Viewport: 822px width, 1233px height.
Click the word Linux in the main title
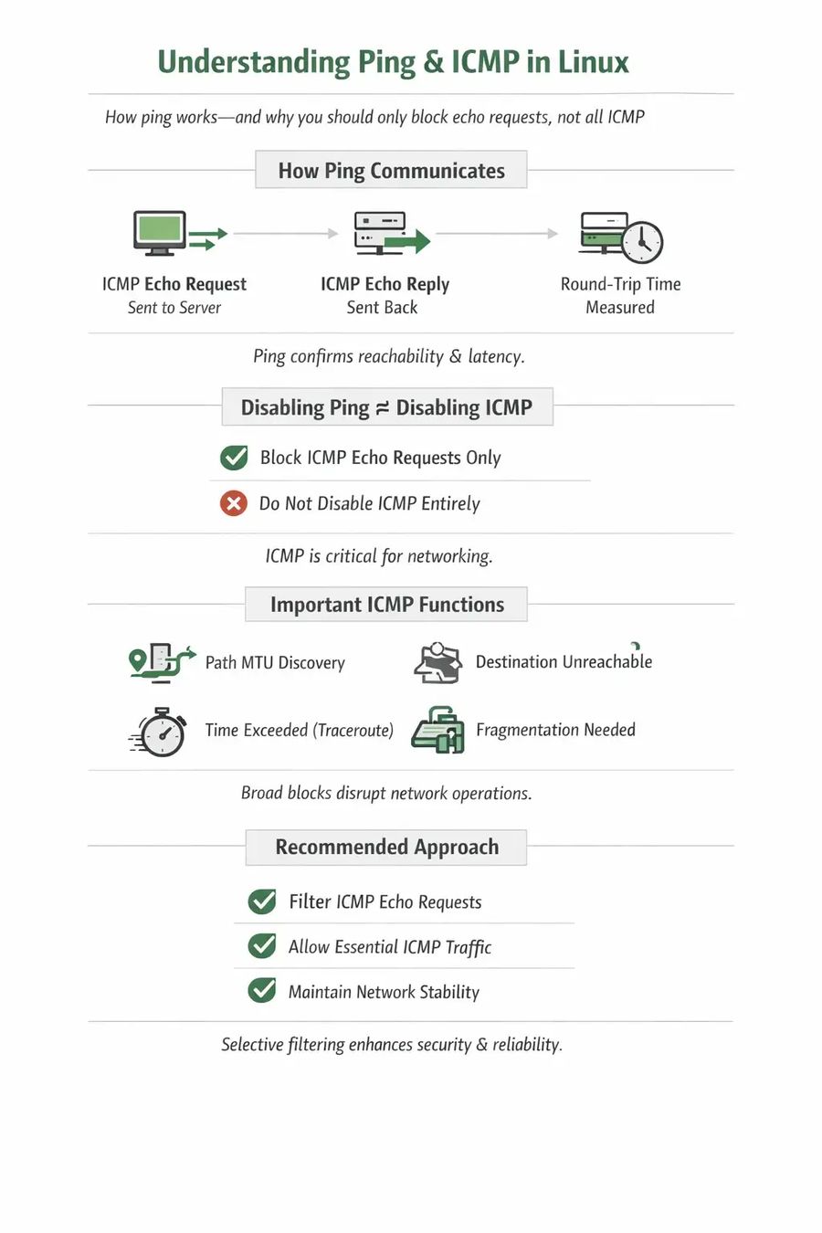[593, 62]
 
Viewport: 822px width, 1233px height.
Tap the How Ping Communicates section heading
[391, 170]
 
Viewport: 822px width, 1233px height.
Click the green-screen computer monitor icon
[160, 233]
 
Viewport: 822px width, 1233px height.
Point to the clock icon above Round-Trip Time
[642, 242]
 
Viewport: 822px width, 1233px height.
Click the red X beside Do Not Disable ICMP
[234, 503]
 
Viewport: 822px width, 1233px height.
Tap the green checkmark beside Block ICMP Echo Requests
[234, 458]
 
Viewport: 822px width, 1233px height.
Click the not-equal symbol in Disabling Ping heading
[383, 408]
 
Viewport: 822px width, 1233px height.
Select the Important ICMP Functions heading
[386, 605]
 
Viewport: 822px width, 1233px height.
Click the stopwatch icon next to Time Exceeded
[159, 732]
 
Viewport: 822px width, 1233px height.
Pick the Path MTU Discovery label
[275, 662]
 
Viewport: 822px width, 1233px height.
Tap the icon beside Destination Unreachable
[437, 663]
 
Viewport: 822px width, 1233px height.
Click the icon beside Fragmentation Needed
[438, 730]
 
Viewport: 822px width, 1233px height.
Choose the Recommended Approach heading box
[386, 848]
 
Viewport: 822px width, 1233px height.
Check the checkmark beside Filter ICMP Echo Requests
[262, 901]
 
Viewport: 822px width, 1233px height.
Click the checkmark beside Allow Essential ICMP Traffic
[262, 945]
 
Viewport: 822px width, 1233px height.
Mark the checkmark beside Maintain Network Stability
[262, 991]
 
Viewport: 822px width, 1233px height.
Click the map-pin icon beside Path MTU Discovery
[137, 659]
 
